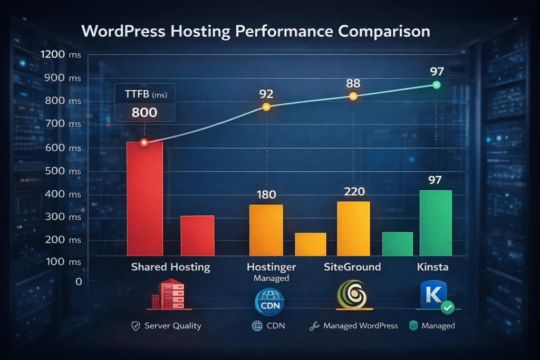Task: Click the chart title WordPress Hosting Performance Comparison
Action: coord(256,31)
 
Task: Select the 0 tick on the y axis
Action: coord(79,281)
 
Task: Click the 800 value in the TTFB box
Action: coord(144,112)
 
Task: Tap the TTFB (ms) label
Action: coord(145,95)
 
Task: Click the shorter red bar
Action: coord(197,236)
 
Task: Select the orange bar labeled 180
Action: coord(266,230)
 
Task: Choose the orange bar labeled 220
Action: coord(353,229)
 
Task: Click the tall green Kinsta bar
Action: coord(436,223)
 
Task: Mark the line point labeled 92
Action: coord(266,107)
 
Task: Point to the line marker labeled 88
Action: coord(353,96)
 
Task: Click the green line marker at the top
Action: coord(436,85)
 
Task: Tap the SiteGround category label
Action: coord(352,267)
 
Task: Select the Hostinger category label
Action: coord(271,267)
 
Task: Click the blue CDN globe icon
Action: coord(269,302)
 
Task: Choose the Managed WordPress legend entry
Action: coord(360,326)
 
